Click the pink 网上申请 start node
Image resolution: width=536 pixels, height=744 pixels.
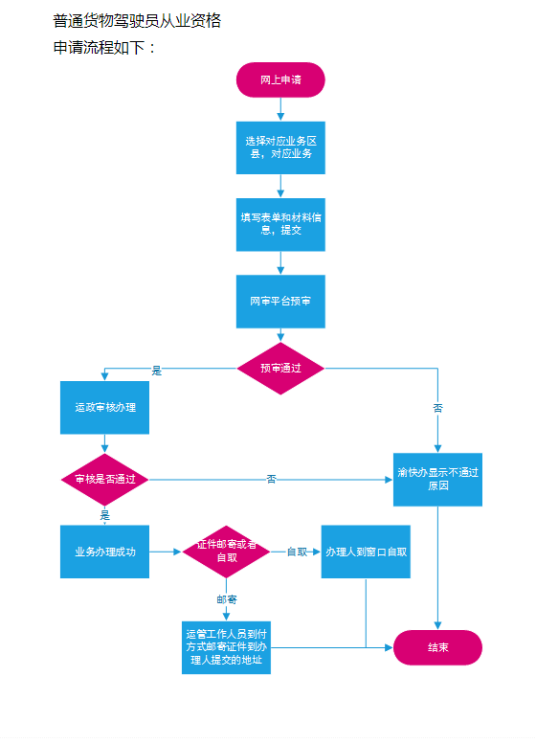click(x=280, y=79)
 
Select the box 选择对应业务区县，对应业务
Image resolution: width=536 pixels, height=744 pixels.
click(x=280, y=147)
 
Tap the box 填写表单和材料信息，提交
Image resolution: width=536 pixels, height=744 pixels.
click(x=280, y=224)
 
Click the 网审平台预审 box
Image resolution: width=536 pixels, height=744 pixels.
click(x=280, y=302)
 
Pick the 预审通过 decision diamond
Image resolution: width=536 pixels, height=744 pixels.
click(x=280, y=369)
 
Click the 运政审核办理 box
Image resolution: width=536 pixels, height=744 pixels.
click(x=105, y=408)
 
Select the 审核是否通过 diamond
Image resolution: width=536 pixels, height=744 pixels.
click(x=105, y=480)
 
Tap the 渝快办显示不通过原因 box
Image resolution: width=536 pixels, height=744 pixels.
click(x=437, y=480)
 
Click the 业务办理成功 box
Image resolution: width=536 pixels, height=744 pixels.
click(x=105, y=552)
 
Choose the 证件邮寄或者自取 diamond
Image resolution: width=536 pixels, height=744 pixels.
click(x=226, y=552)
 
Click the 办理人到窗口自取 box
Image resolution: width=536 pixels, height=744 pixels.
click(x=366, y=552)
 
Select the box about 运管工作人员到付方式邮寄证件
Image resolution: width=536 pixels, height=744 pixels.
click(x=226, y=647)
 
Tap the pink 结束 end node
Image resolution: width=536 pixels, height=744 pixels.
click(x=437, y=647)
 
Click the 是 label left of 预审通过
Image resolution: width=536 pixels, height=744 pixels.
click(x=157, y=372)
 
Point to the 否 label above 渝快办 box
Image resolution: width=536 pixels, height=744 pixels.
click(x=437, y=408)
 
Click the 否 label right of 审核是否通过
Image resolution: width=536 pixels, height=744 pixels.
click(x=271, y=479)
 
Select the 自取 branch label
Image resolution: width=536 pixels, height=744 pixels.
click(x=297, y=552)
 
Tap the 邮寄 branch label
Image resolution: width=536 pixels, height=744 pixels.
click(x=227, y=599)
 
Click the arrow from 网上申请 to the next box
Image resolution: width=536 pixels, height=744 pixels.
click(x=280, y=109)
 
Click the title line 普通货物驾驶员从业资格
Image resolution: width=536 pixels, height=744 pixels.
click(x=137, y=21)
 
